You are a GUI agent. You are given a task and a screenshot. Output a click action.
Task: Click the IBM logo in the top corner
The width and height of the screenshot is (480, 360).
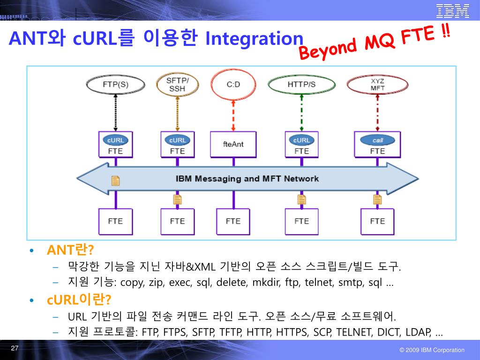point(452,10)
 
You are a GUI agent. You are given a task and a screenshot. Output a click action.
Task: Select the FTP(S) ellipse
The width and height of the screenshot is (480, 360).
point(115,85)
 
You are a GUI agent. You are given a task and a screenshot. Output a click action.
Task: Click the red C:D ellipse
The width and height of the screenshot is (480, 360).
point(233,85)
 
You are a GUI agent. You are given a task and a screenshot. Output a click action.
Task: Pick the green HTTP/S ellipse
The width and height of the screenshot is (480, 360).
point(301,85)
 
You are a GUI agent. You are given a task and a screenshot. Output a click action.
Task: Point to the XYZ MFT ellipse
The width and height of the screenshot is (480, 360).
point(377,85)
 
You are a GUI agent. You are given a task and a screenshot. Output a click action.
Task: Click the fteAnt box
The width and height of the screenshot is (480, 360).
point(233,144)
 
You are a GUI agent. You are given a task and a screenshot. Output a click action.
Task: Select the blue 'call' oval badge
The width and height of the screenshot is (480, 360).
point(377,140)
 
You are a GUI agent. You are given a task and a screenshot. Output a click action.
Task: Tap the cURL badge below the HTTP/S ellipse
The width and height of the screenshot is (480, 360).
point(301,140)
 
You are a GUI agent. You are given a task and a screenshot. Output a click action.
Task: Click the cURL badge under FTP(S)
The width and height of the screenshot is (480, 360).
point(115,140)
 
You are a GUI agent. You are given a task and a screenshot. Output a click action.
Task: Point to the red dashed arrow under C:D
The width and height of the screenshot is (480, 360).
point(233,115)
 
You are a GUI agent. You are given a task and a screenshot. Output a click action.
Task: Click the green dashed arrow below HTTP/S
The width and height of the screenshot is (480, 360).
point(301,112)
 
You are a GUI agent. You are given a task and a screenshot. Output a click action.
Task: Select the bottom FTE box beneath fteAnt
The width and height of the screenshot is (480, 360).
point(233,221)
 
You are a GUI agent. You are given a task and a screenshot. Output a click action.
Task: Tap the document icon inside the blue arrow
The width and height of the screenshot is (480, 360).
point(115,180)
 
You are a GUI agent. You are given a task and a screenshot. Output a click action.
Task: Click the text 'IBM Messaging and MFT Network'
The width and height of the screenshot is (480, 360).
point(247,179)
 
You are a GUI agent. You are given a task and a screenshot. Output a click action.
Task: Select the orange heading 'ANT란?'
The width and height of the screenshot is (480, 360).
point(67,250)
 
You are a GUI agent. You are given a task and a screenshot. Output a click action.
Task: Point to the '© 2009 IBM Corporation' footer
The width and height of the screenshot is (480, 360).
point(432,350)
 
